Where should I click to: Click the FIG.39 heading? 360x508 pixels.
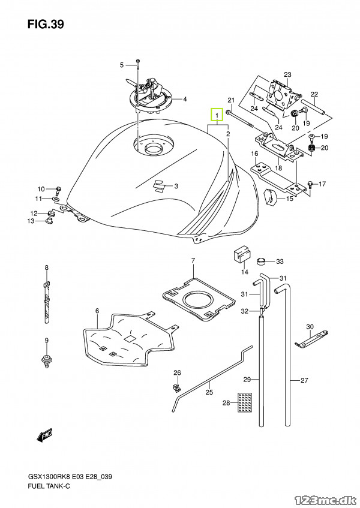(x=46, y=25)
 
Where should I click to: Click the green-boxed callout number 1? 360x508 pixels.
(x=217, y=115)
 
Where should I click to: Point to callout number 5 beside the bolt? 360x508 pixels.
(x=122, y=65)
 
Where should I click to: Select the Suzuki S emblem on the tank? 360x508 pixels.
(x=159, y=186)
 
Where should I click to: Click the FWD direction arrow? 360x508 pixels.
(x=44, y=436)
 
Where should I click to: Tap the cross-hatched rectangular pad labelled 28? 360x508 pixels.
(x=245, y=402)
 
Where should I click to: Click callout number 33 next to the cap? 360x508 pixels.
(x=280, y=261)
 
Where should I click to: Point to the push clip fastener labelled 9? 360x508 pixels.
(x=46, y=361)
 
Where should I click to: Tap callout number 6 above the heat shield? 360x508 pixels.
(x=97, y=311)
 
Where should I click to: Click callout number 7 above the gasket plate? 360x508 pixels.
(x=193, y=260)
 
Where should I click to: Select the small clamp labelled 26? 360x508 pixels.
(x=176, y=386)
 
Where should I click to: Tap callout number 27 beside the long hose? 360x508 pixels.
(x=304, y=380)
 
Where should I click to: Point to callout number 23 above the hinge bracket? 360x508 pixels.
(x=288, y=74)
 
